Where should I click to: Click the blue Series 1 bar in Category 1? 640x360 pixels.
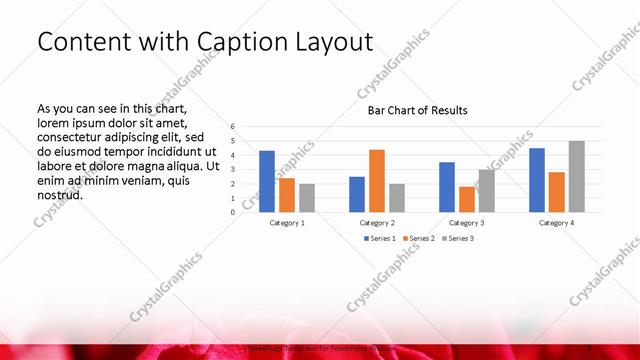point(267,181)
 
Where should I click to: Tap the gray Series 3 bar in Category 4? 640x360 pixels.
point(577,176)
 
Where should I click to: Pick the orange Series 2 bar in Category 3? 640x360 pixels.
point(467,199)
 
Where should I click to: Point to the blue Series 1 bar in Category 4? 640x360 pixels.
point(537,180)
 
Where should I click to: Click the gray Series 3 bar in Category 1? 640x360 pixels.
point(307,198)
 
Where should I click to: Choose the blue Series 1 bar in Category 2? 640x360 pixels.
point(357,194)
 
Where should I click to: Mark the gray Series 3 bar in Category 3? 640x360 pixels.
point(487,191)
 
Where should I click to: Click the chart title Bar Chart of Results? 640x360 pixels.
point(418,110)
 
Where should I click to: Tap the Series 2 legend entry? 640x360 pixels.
point(418,238)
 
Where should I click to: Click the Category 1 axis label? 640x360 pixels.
point(287,222)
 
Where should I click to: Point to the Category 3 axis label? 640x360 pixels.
point(467,222)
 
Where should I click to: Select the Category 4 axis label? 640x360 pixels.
point(557,222)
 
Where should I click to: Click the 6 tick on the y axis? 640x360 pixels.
point(232,127)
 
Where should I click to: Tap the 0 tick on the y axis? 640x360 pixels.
point(232,212)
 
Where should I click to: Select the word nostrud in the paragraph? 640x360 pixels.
point(59,194)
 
